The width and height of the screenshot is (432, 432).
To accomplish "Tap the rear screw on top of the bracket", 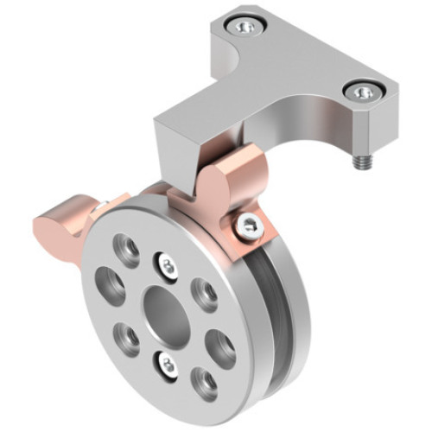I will tap(246, 28).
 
